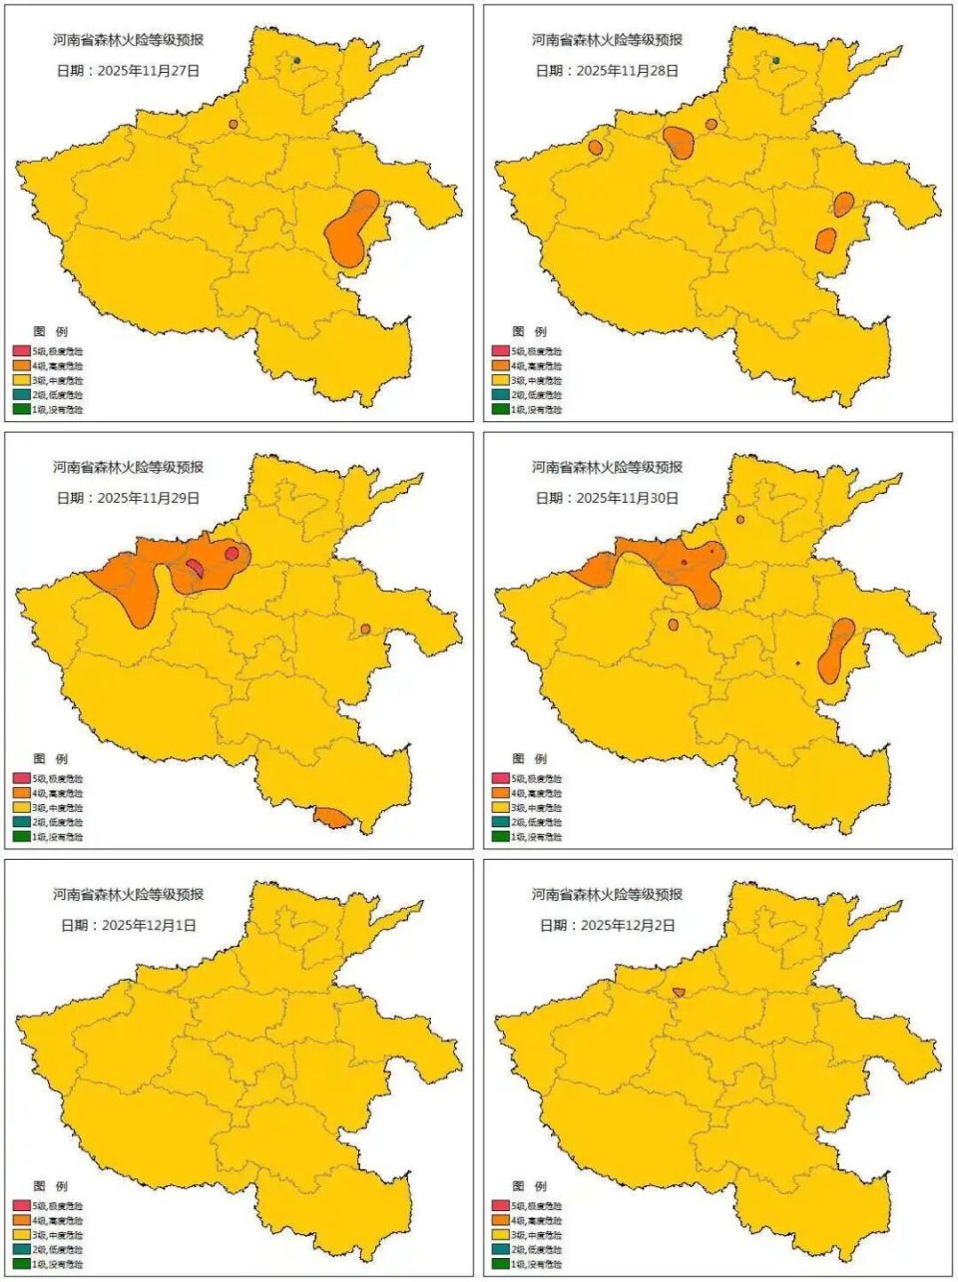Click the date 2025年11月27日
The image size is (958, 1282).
(x=128, y=71)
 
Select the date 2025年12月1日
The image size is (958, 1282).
(x=126, y=925)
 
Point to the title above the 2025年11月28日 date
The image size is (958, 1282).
(x=607, y=40)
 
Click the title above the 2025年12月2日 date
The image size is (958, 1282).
(x=607, y=895)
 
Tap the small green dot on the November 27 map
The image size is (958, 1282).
(x=296, y=61)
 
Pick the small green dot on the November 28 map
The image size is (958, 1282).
(x=775, y=61)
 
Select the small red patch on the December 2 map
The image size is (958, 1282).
(x=679, y=992)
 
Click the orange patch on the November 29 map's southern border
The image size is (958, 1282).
(x=332, y=818)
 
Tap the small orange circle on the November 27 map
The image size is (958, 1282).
(x=234, y=125)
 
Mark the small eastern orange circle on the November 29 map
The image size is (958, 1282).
(x=366, y=629)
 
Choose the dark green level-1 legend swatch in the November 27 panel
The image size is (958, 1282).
(x=21, y=409)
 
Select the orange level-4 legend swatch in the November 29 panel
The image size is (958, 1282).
(x=21, y=793)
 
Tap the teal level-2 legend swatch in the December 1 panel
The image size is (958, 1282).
(x=21, y=1249)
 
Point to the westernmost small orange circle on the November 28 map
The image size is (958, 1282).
(x=596, y=148)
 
